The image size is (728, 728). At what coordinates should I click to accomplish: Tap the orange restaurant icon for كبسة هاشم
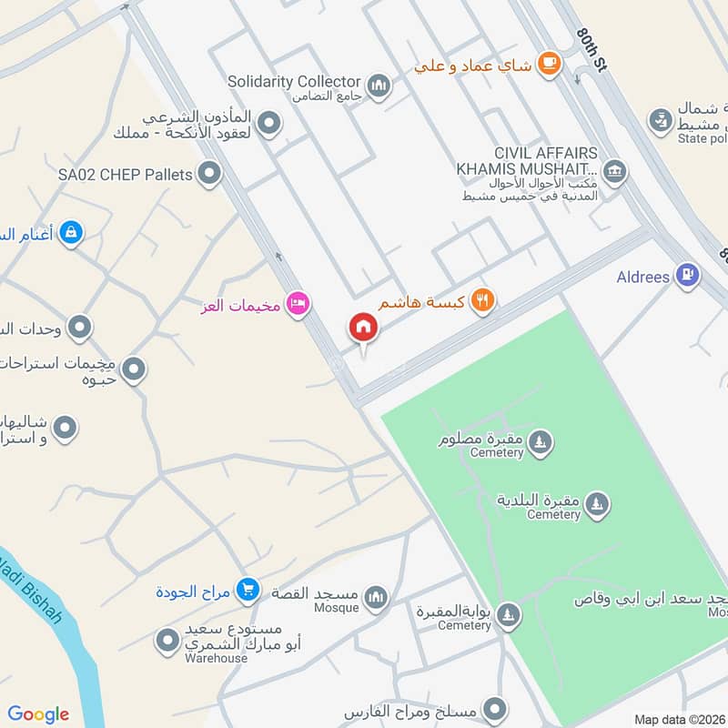(483, 301)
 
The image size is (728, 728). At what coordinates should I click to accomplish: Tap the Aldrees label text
(642, 277)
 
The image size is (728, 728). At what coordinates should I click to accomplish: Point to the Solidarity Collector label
(294, 82)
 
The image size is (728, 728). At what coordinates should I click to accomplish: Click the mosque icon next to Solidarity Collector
(379, 86)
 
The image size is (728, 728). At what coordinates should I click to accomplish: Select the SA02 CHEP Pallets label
(125, 174)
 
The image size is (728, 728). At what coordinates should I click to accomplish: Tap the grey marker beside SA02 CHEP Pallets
(209, 173)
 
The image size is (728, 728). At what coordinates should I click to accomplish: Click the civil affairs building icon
(615, 171)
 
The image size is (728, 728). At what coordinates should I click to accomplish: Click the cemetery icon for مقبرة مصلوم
(541, 442)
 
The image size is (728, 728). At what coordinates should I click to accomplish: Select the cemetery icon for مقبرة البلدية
(596, 504)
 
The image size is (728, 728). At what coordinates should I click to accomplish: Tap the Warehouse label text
(216, 658)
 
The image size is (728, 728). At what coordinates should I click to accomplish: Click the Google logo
(38, 714)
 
